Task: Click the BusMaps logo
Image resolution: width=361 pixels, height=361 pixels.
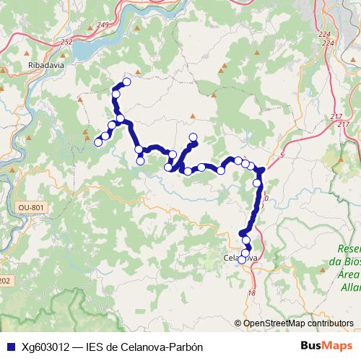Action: (x=327, y=346)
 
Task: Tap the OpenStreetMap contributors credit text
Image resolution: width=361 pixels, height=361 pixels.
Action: (x=298, y=323)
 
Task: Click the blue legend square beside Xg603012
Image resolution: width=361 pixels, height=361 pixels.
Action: (x=9, y=347)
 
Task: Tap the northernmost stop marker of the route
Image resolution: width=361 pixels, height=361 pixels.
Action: (x=127, y=82)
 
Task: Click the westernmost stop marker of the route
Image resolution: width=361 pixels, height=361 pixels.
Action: (x=99, y=141)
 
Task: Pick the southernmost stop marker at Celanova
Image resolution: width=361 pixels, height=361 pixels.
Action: (x=243, y=261)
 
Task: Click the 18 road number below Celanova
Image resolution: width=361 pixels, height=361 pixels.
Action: (x=252, y=292)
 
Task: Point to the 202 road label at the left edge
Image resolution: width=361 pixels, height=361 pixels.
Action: (x=5, y=280)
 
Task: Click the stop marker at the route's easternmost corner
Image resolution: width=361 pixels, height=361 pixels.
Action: (x=261, y=170)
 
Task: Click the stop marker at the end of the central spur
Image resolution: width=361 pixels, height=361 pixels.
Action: (x=193, y=137)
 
